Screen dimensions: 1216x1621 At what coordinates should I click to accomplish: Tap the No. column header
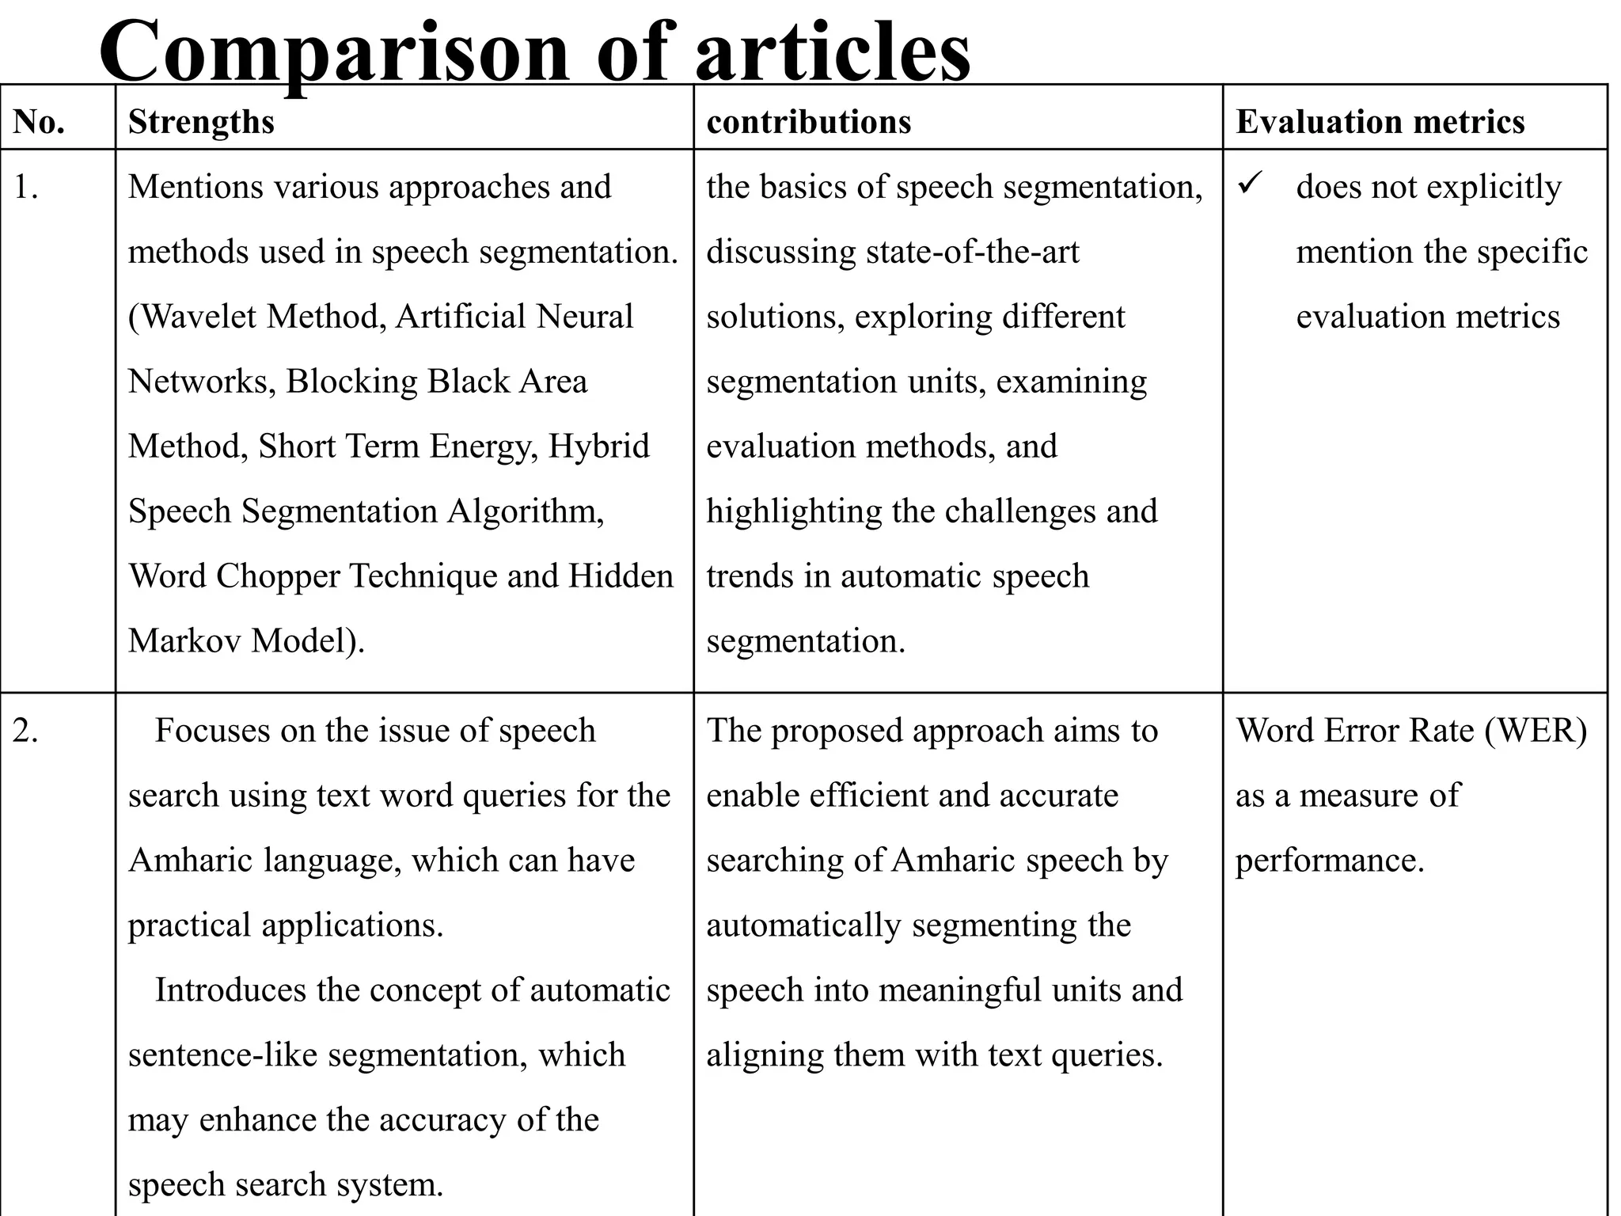click(39, 122)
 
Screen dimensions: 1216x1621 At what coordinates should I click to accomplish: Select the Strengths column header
click(201, 122)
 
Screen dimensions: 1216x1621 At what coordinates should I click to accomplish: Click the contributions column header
click(808, 122)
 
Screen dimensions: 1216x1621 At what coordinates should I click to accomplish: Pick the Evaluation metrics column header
click(1380, 122)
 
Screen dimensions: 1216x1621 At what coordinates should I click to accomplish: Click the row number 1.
click(26, 188)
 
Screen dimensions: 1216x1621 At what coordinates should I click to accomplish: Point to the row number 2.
click(26, 731)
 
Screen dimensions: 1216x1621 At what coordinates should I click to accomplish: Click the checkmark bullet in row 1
click(1248, 185)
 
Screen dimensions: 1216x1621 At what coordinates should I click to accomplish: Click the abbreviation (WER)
click(1536, 731)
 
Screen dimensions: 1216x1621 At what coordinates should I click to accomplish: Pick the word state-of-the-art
click(973, 253)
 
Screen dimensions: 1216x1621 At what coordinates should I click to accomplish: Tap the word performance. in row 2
click(1330, 861)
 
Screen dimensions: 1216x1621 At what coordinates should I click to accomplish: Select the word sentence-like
click(222, 1055)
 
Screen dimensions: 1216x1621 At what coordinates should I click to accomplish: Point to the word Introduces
click(230, 990)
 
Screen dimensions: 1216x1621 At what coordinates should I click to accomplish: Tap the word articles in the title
click(832, 52)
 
